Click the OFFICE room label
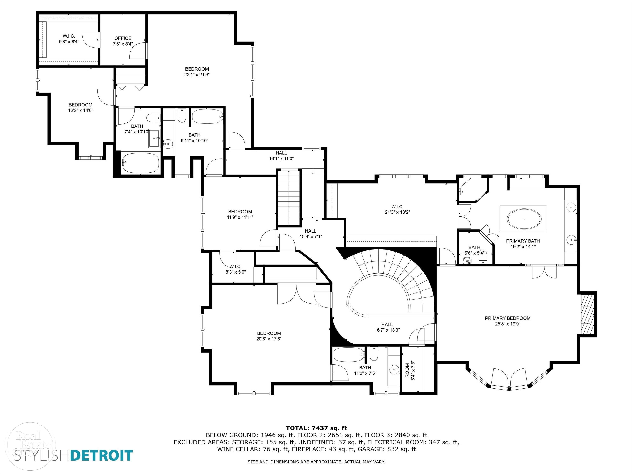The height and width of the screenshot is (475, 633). (123, 38)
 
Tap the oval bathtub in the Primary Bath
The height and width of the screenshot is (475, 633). (524, 219)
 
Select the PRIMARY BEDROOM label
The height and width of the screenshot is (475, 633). (508, 318)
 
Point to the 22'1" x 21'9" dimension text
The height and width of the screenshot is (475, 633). (197, 75)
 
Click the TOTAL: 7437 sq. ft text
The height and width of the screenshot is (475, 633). (316, 428)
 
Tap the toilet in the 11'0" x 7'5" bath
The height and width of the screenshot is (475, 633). (374, 354)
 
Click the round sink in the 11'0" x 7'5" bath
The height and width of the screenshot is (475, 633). (394, 370)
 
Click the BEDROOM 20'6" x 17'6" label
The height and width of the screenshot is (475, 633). (269, 336)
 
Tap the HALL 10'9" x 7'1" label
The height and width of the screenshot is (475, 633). (311, 234)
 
